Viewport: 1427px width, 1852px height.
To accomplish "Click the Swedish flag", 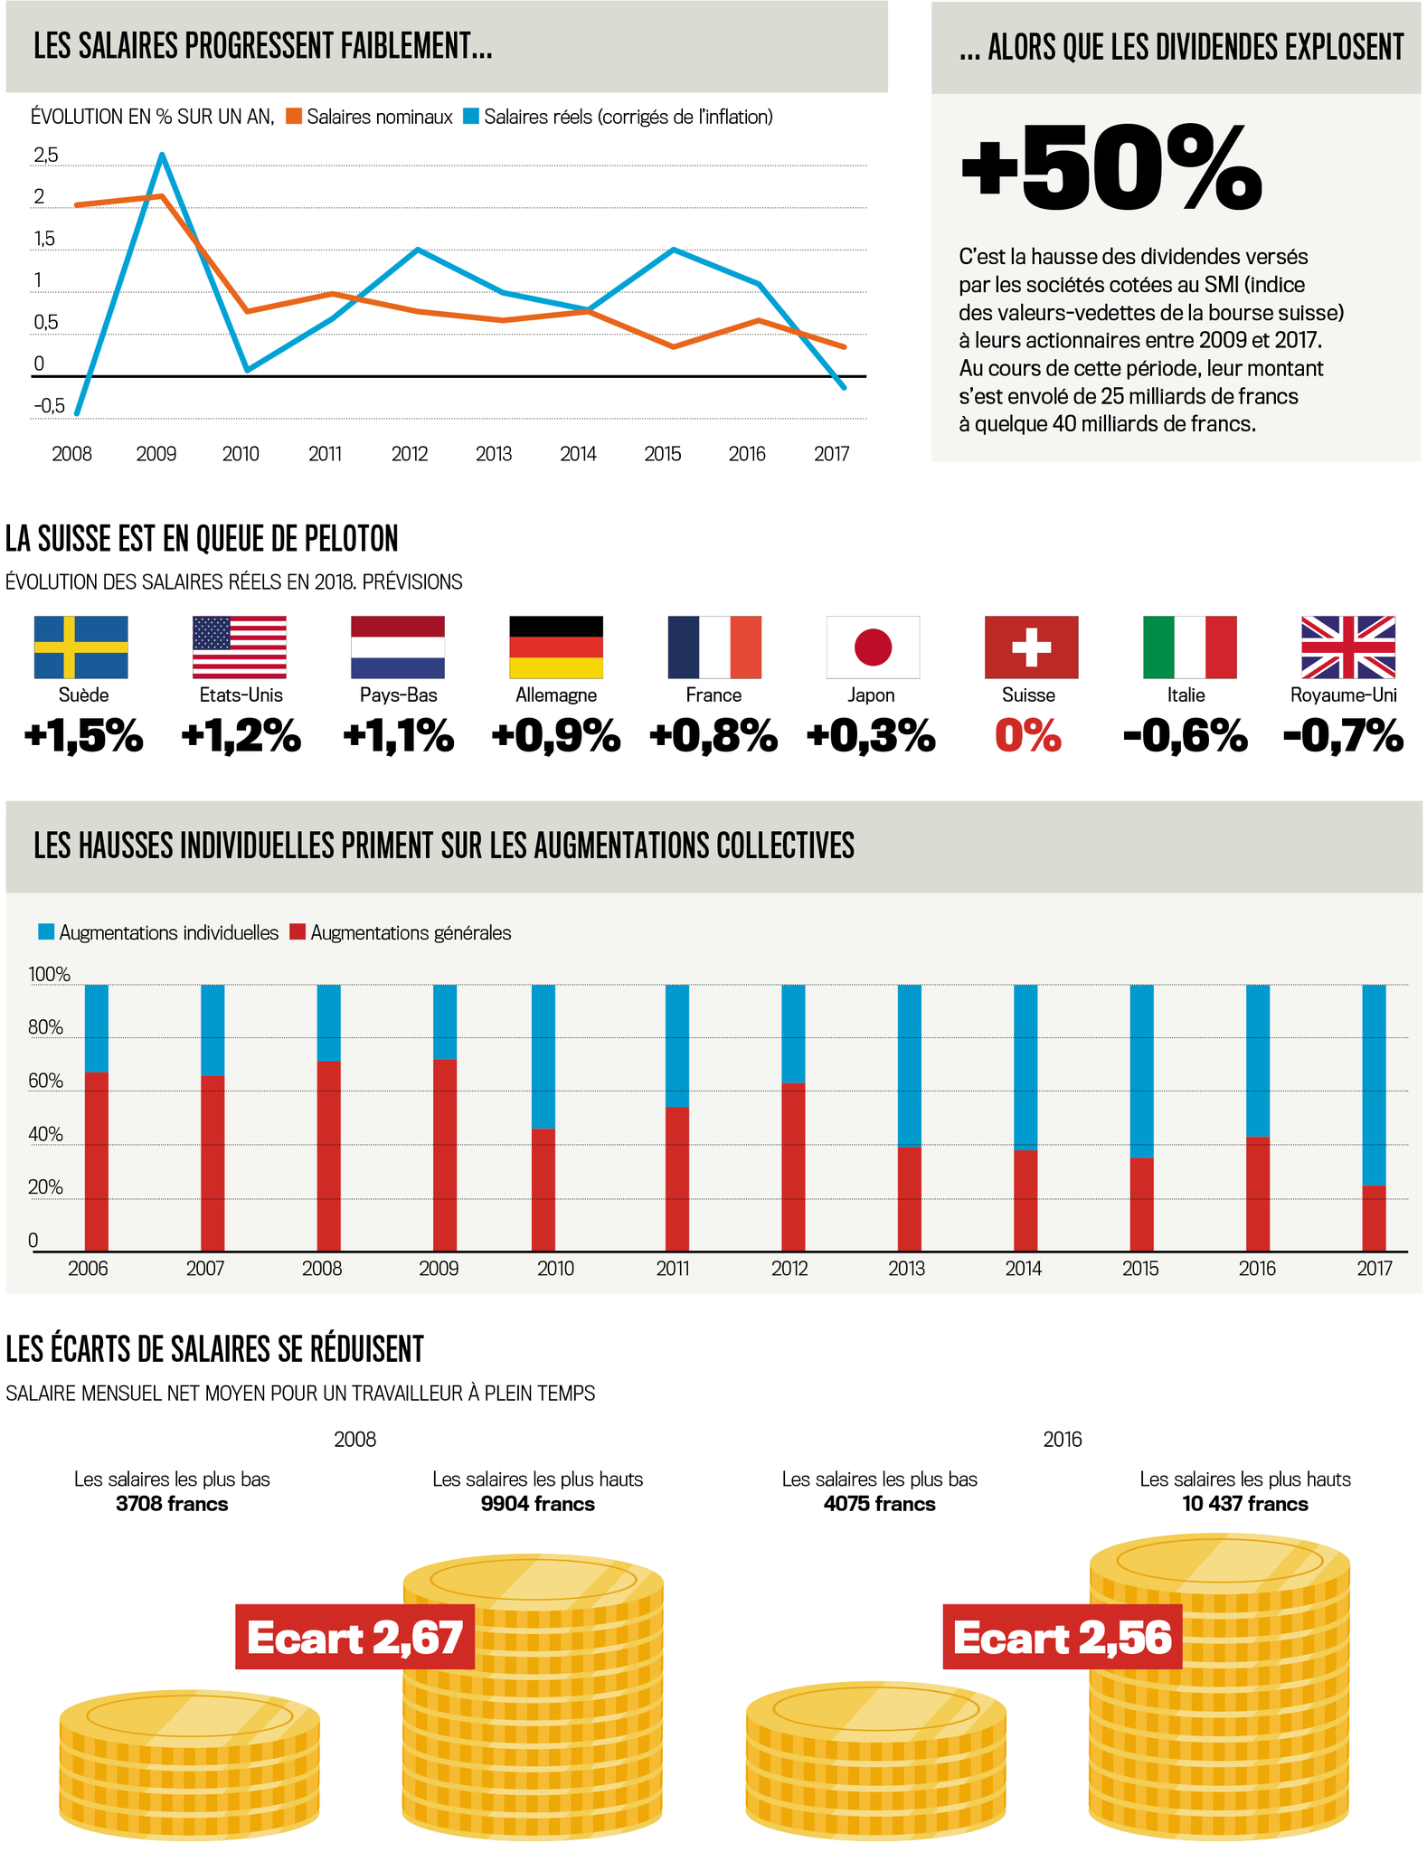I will [x=80, y=647].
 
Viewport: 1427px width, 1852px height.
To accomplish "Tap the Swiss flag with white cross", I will [x=1031, y=647].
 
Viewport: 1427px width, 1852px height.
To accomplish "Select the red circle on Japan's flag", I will [x=873, y=647].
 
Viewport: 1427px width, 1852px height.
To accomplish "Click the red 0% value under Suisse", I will [x=1028, y=736].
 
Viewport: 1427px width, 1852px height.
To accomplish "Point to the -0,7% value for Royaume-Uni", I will [x=1344, y=736].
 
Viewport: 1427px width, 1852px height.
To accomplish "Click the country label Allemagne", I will [x=556, y=695].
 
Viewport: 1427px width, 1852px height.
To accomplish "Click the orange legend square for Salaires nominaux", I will [x=294, y=117].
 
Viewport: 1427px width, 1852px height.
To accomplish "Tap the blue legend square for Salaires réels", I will [x=471, y=117].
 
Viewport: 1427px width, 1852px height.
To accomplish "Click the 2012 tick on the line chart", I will [x=410, y=454].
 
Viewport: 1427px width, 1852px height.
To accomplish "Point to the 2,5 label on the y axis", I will [x=45, y=156].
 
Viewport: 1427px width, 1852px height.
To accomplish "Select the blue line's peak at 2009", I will [x=162, y=155].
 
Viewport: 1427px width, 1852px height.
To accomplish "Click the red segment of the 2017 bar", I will [x=1374, y=1218].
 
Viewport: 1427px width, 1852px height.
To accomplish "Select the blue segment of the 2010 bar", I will [x=543, y=1056].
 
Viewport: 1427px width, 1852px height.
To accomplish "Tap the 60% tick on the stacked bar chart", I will [x=45, y=1082].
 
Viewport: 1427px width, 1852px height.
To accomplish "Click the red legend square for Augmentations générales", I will [x=298, y=932].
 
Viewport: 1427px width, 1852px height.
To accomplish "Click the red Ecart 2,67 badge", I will [x=354, y=1637].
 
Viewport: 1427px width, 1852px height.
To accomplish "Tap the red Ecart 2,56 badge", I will [x=1062, y=1637].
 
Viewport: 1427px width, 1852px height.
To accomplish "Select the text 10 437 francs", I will [x=1244, y=1504].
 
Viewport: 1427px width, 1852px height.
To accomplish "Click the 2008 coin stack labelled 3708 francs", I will [x=189, y=1763].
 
